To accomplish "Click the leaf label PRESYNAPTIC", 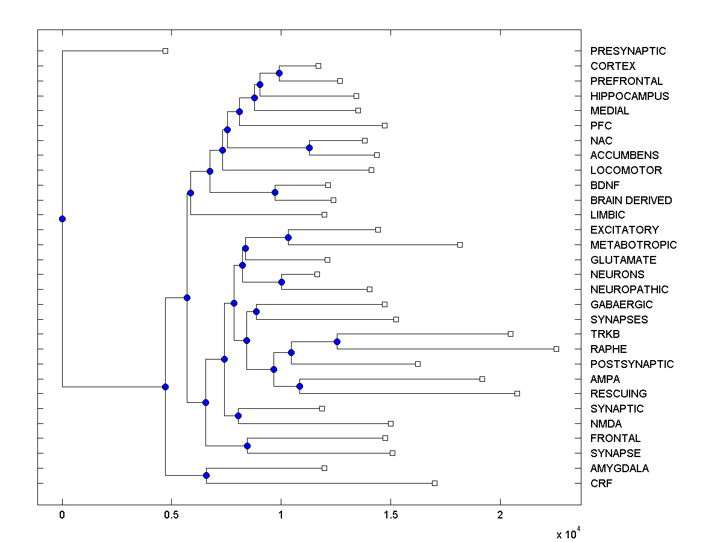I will coord(628,51).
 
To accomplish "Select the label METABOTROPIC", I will coord(633,245).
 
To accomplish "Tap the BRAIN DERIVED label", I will coord(631,200).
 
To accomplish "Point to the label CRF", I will coord(601,483).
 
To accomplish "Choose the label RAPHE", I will coord(609,349).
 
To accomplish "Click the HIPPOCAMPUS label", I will coord(630,96).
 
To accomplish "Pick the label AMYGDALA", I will coord(619,468).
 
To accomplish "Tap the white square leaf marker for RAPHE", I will coord(556,349).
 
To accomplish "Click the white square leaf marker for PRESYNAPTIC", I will coord(166,51).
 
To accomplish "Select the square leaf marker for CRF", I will coord(434,483).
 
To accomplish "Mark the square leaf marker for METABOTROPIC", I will coord(460,245).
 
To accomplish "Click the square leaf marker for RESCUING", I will coord(517,393).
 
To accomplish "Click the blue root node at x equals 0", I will coord(62,219).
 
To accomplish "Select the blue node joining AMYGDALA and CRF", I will coord(206,476).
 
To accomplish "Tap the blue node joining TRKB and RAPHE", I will coord(337,341).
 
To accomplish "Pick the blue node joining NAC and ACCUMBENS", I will coord(309,148).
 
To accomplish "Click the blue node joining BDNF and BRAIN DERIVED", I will coord(275,193).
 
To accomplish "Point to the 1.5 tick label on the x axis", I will coord(390,515).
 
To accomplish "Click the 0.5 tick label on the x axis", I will coord(171,515).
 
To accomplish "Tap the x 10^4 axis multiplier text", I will coord(568,533).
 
